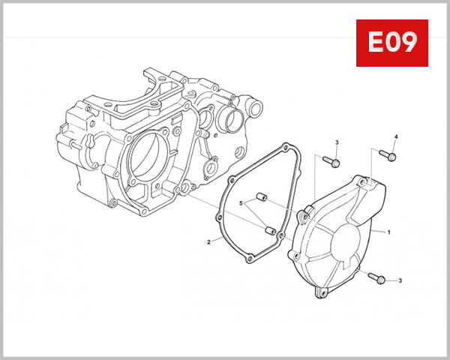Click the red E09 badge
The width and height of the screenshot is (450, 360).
pyautogui.click(x=391, y=43)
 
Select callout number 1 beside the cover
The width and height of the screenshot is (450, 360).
pyautogui.click(x=389, y=232)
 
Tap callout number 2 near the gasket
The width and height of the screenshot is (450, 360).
pyautogui.click(x=208, y=242)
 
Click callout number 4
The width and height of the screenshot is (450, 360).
pyautogui.click(x=397, y=136)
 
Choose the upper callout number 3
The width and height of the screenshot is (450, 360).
pyautogui.click(x=337, y=142)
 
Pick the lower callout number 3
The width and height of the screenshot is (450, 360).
pyautogui.click(x=400, y=280)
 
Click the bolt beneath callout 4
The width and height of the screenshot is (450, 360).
pyautogui.click(x=387, y=155)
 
